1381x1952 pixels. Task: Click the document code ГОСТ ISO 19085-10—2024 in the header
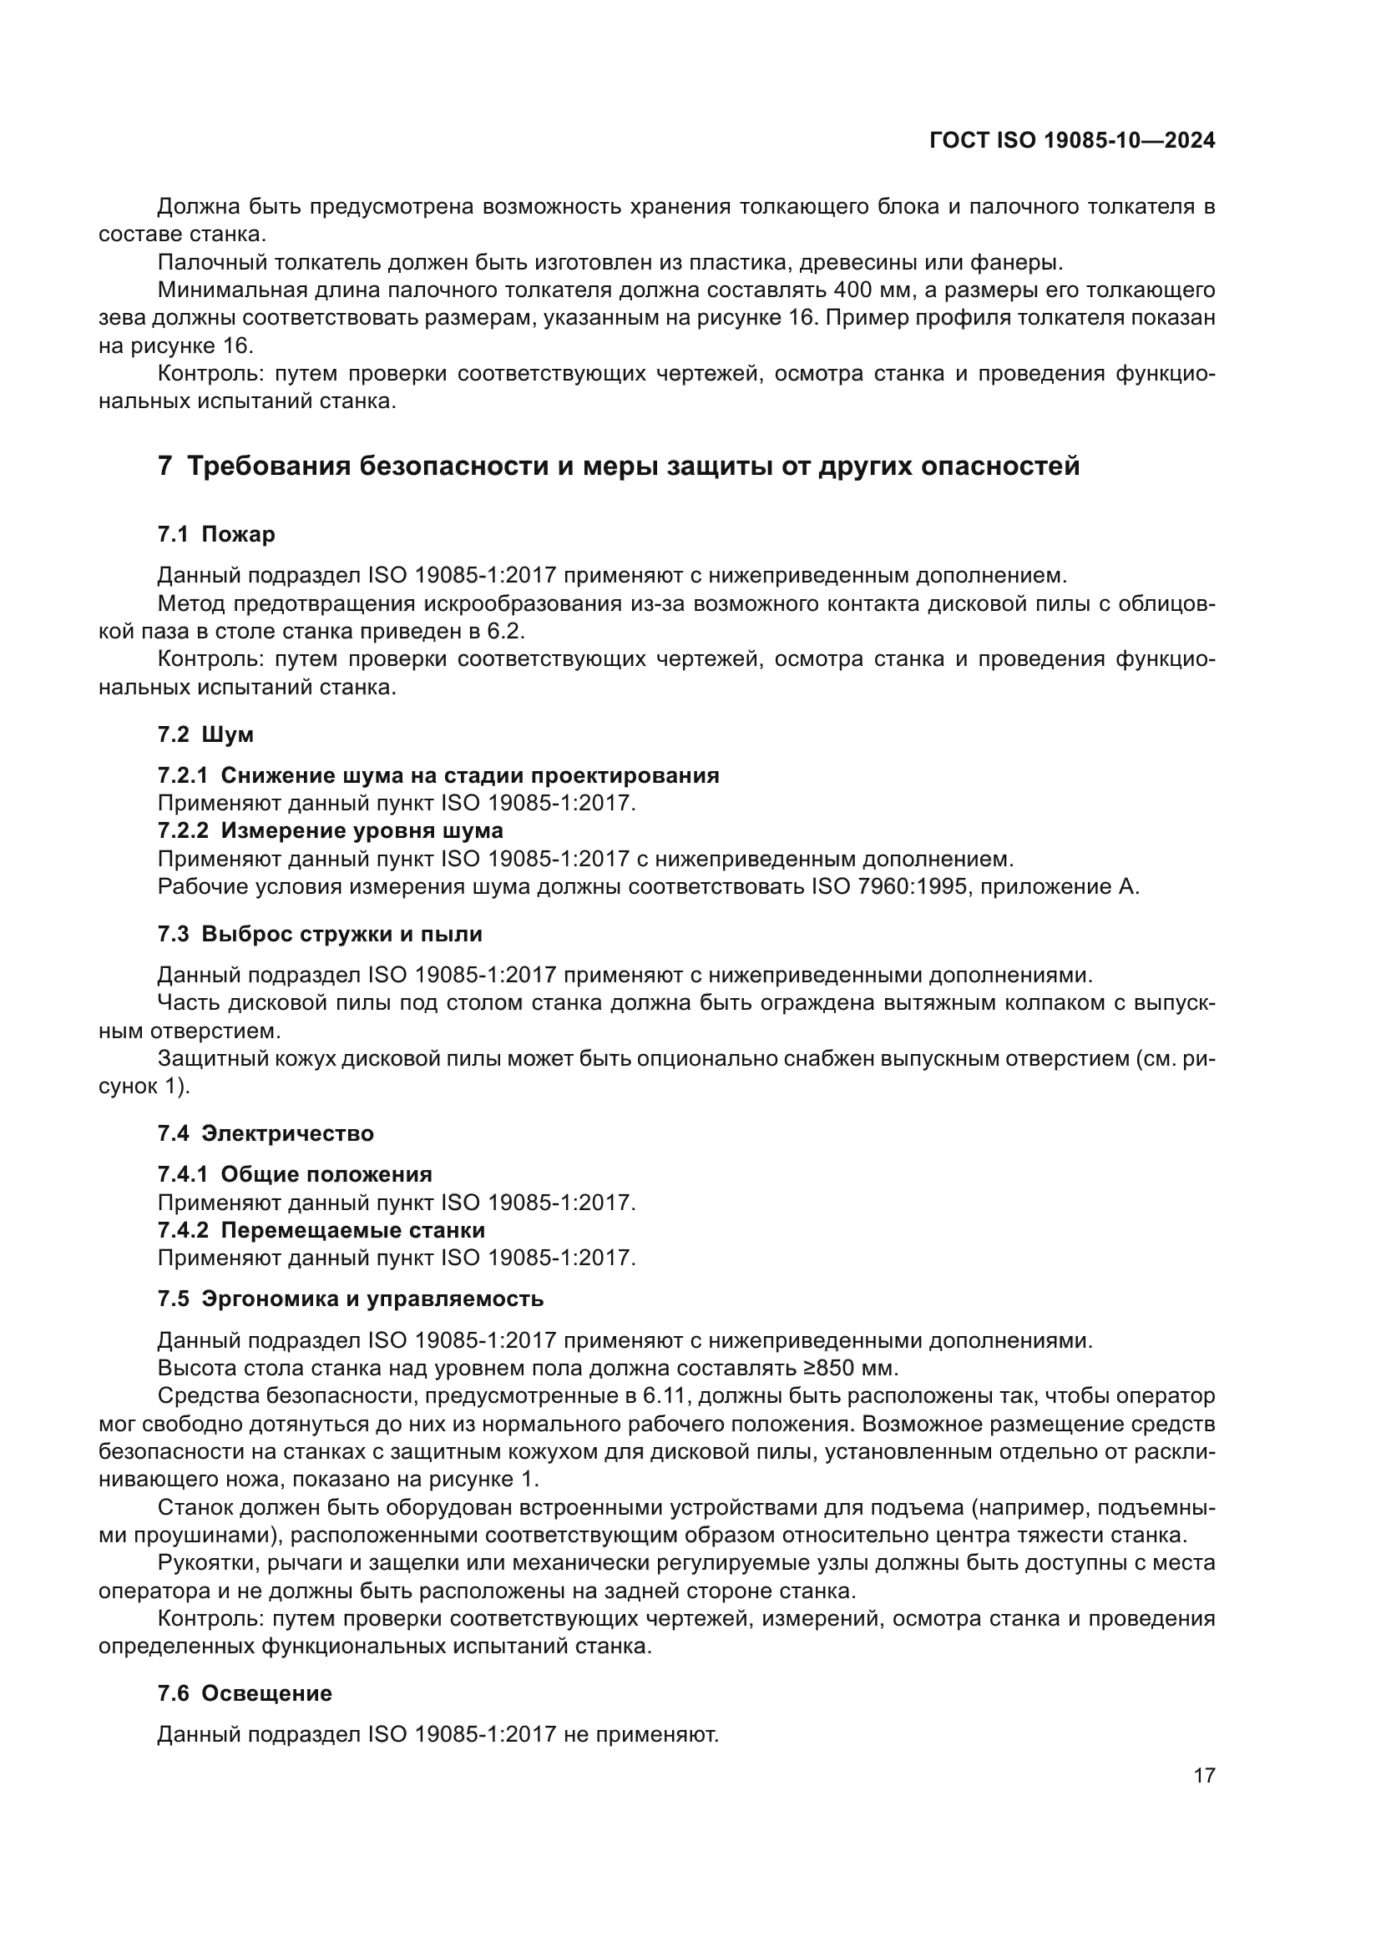click(x=1072, y=140)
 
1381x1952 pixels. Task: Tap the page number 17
click(x=1204, y=1775)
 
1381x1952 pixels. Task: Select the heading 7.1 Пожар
click(x=216, y=534)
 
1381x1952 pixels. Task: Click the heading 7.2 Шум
click(x=205, y=734)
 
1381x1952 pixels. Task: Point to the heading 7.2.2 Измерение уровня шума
click(x=330, y=830)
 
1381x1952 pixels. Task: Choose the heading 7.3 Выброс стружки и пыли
click(x=320, y=934)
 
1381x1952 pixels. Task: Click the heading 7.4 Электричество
click(x=266, y=1133)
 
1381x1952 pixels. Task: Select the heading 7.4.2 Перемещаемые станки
click(x=321, y=1230)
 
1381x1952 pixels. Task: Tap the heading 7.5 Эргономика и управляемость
click(x=351, y=1299)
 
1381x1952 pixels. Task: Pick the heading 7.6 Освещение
click(x=244, y=1692)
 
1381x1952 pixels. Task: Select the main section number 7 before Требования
click(x=165, y=466)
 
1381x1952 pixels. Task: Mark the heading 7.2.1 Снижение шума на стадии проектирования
click(x=438, y=774)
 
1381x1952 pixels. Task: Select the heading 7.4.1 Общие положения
click(x=294, y=1174)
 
